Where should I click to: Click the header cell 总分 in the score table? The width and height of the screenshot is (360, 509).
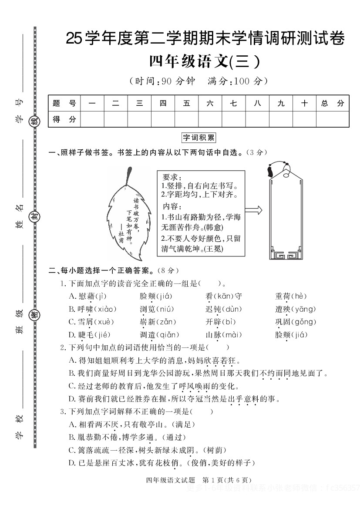pyautogui.click(x=332, y=103)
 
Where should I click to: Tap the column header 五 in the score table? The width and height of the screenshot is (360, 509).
pyautogui.click(x=186, y=103)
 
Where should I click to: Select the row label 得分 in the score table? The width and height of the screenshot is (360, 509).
pyautogui.click(x=64, y=119)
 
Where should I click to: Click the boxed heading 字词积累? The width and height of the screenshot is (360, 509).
pyautogui.click(x=199, y=138)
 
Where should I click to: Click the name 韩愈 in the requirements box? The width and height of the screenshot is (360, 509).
pyautogui.click(x=219, y=227)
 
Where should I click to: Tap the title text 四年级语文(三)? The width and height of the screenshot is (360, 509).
pyautogui.click(x=205, y=61)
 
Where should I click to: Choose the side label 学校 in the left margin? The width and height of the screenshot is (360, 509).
pyautogui.click(x=19, y=427)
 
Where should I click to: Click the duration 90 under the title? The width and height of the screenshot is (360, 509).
pyautogui.click(x=167, y=81)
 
